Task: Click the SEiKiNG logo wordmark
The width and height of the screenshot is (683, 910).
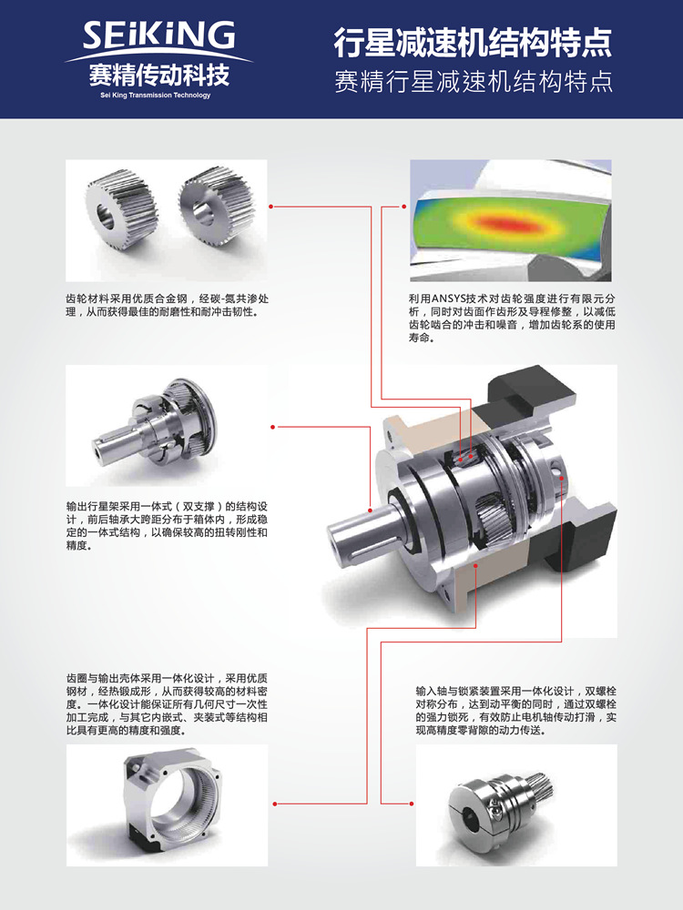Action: tap(158, 36)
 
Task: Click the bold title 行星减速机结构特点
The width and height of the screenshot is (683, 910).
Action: tap(473, 43)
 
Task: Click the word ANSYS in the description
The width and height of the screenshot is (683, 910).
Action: tap(450, 298)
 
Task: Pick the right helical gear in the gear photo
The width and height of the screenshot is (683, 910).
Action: tap(216, 203)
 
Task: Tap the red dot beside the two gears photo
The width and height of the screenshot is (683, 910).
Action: tap(271, 206)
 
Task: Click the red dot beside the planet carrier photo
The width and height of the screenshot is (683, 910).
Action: tap(273, 427)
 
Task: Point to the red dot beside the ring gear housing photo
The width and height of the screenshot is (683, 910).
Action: tap(275, 804)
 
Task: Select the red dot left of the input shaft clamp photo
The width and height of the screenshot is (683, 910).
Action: tap(412, 804)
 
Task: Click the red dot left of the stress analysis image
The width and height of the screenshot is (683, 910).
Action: tap(403, 206)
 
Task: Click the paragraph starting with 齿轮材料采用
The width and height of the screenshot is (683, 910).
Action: tap(167, 305)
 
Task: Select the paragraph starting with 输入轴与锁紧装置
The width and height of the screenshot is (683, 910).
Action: tap(515, 711)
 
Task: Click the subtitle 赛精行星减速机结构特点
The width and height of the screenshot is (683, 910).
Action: tap(474, 82)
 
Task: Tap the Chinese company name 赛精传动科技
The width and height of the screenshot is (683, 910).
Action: tap(158, 75)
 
